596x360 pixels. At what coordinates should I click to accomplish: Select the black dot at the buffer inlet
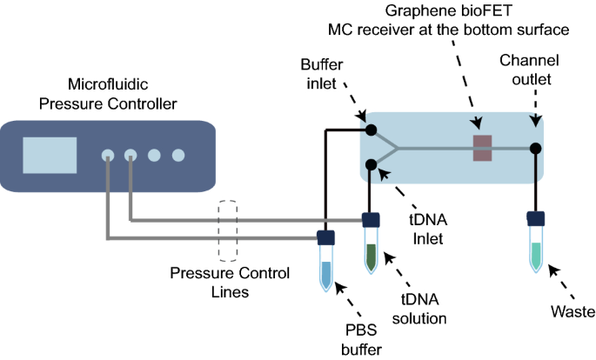click(x=371, y=130)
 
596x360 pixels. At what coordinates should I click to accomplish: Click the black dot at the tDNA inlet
click(x=371, y=163)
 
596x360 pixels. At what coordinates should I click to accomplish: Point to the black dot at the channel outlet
click(x=536, y=148)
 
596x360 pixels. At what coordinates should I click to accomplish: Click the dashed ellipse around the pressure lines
click(x=228, y=230)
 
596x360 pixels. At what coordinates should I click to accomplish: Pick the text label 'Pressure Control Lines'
click(x=230, y=283)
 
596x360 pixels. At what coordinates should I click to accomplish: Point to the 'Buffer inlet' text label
click(x=323, y=75)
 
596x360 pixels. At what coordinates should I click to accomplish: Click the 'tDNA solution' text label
click(x=424, y=308)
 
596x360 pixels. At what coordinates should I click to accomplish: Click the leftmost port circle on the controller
click(x=108, y=156)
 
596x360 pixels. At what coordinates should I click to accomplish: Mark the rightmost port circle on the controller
click(x=178, y=156)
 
